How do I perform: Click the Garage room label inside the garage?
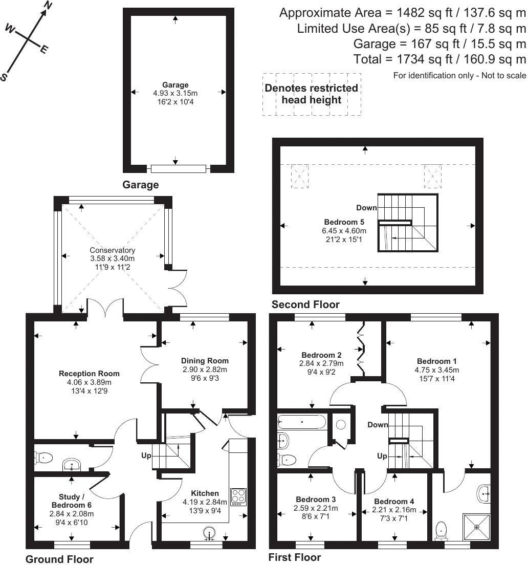[175, 85]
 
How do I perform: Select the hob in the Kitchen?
[238, 497]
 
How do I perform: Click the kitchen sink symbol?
[209, 533]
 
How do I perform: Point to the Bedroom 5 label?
[344, 222]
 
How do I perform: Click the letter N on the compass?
[49, 6]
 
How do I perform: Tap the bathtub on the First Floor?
[302, 422]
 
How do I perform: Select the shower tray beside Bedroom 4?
[477, 526]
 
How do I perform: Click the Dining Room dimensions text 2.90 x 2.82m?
[205, 369]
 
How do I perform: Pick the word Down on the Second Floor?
[367, 208]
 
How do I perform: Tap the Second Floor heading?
[305, 305]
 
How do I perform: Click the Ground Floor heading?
[59, 559]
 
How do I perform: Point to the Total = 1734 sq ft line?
[439, 59]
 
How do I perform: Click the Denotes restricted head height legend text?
[311, 94]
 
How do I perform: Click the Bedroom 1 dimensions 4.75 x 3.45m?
[436, 370]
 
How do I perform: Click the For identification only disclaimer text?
[459, 76]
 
